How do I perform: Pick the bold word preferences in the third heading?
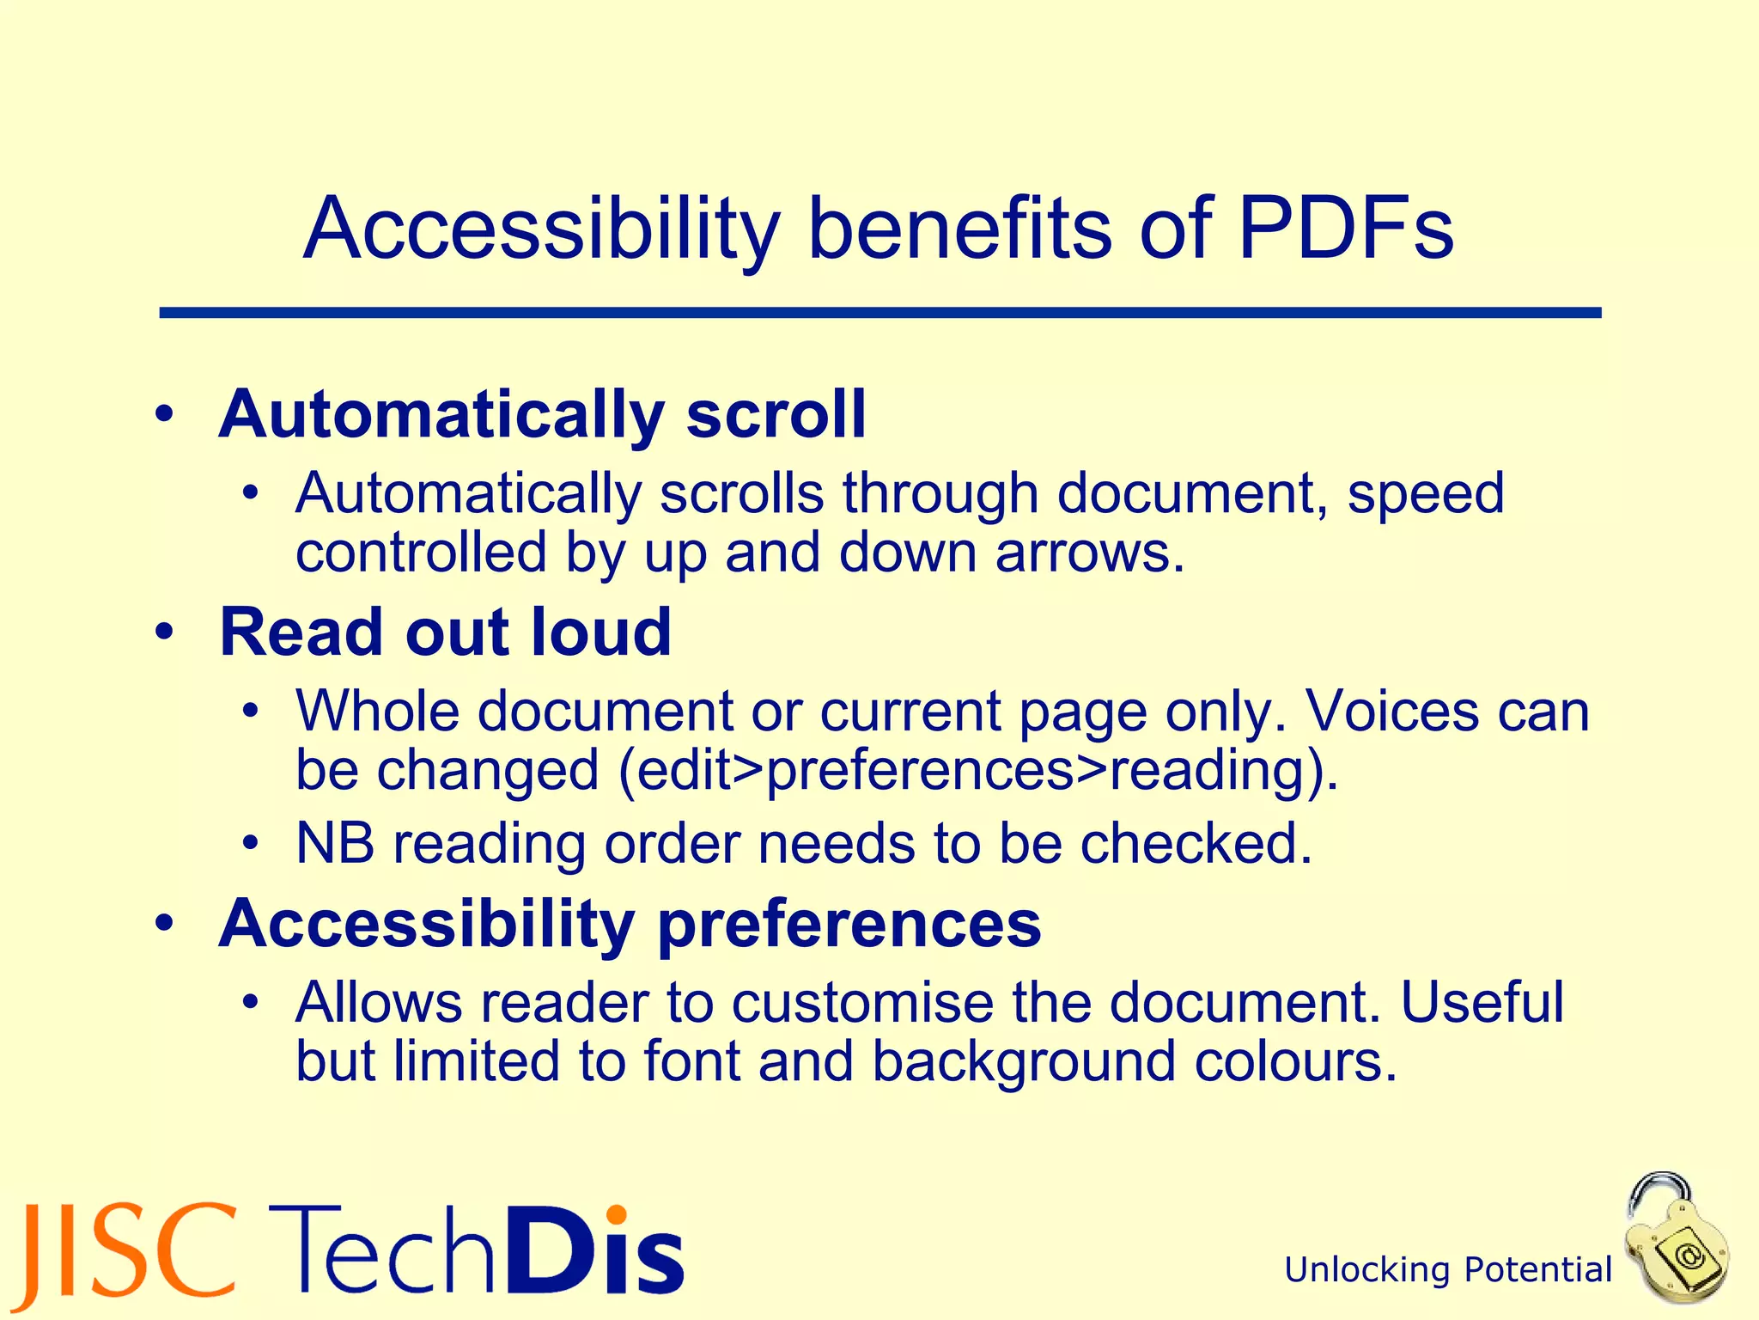coord(849,925)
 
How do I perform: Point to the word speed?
coord(1426,494)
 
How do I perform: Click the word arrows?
coord(1090,552)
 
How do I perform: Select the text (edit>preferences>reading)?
coord(977,771)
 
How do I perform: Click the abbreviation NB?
coord(335,843)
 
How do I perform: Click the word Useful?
coord(1482,1003)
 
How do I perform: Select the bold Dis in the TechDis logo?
coord(595,1251)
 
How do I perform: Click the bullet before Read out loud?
coord(165,633)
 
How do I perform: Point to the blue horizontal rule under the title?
coord(879,314)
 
